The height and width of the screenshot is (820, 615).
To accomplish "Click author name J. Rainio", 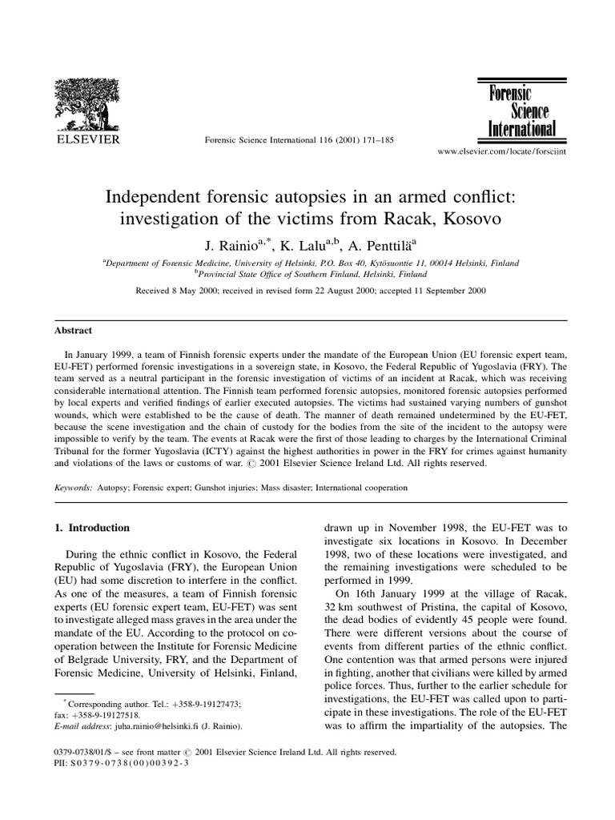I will point(215,244).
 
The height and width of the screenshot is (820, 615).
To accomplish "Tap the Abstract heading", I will point(73,330).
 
